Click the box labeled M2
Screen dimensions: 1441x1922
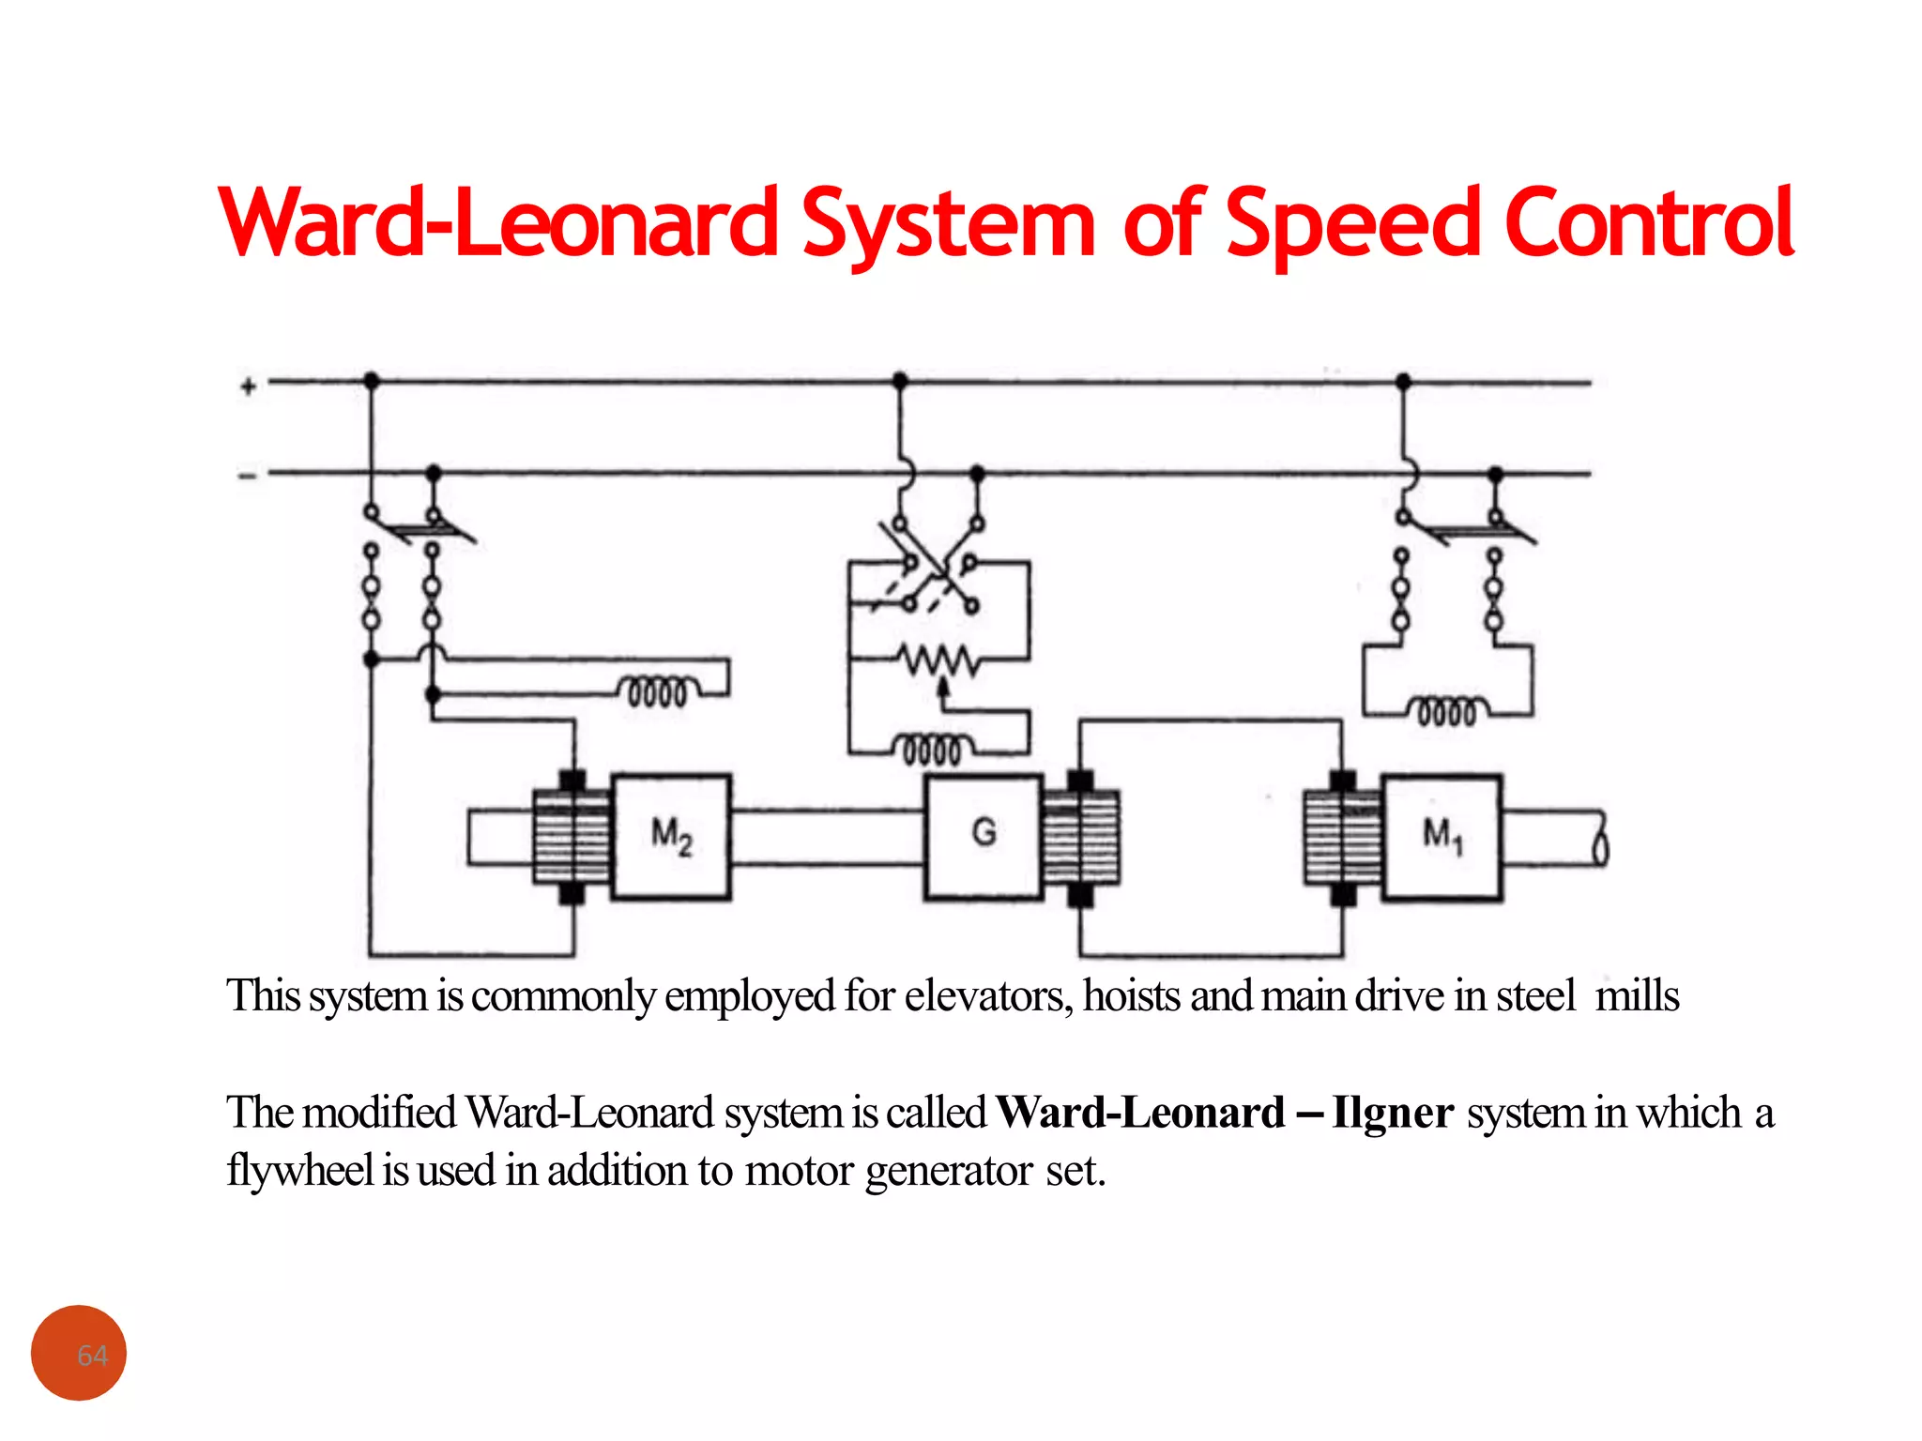click(x=671, y=836)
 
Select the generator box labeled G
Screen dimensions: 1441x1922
click(x=984, y=836)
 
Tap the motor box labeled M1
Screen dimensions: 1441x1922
click(x=1441, y=836)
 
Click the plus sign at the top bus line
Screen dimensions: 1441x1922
click(x=248, y=387)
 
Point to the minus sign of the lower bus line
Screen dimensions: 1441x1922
click(x=247, y=477)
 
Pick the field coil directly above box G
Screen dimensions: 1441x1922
click(x=932, y=749)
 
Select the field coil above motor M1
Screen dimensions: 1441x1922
click(x=1446, y=711)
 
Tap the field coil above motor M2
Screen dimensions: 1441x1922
click(x=658, y=691)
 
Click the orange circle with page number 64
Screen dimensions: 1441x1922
click(x=79, y=1353)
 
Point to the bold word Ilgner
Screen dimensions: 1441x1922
click(x=1392, y=1114)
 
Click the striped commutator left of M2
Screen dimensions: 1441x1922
click(x=572, y=836)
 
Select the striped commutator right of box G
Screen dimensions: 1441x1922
click(x=1081, y=836)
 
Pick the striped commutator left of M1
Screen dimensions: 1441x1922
click(x=1343, y=836)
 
